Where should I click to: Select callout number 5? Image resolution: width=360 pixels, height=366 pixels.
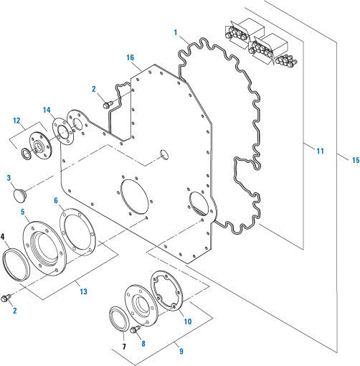coord(24,212)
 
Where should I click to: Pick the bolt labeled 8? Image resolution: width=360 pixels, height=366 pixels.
coord(134,329)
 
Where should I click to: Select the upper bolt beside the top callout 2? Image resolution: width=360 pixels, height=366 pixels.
coord(108,105)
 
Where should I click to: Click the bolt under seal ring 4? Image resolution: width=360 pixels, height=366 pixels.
coord(10,295)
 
